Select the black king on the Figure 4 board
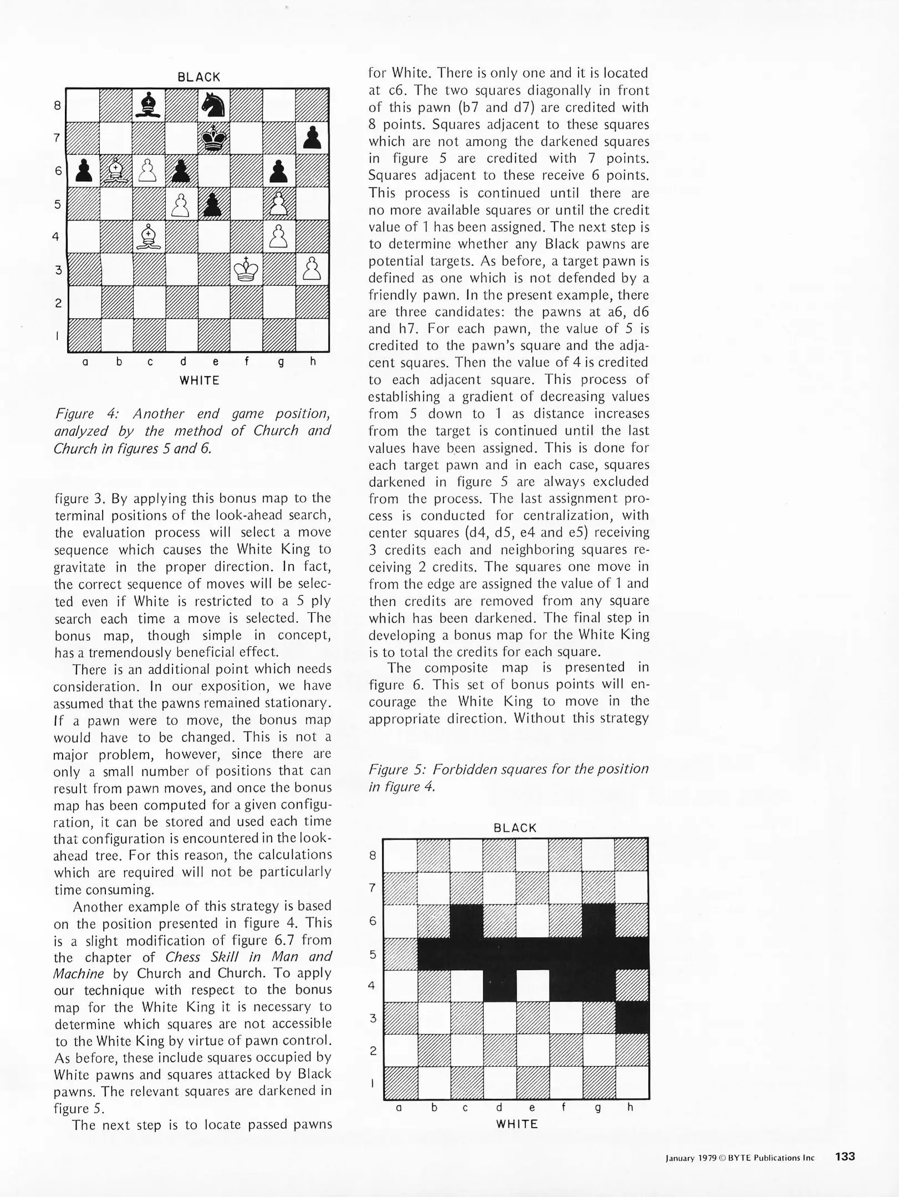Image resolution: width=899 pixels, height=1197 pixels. tap(214, 137)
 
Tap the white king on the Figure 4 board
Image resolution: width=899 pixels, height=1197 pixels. tap(247, 269)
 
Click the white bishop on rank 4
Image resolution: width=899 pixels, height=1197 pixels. tap(149, 237)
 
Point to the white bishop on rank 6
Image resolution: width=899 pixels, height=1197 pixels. tap(116, 170)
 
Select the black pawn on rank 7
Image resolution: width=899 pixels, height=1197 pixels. tap(313, 137)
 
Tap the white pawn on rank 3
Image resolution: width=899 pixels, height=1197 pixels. tap(313, 269)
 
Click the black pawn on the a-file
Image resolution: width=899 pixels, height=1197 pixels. tap(83, 170)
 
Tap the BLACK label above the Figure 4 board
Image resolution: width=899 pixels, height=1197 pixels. tap(198, 77)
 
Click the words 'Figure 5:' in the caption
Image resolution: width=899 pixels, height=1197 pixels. tap(397, 769)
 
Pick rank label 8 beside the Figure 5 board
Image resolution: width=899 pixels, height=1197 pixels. tap(373, 855)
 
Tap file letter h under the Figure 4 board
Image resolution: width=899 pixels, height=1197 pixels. tap(313, 362)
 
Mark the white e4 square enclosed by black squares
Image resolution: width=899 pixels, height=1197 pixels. tap(533, 985)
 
